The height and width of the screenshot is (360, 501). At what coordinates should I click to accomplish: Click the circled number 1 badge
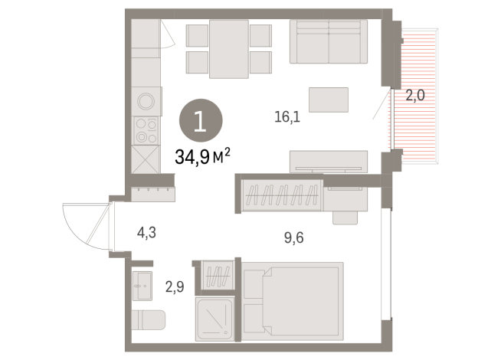coord(201,121)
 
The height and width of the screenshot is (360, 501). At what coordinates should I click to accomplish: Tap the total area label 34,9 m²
coord(202,156)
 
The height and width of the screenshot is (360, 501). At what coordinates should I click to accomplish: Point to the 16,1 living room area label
coord(287,117)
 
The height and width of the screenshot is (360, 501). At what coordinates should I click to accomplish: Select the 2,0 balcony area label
coord(415,96)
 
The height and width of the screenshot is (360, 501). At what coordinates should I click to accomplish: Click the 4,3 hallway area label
coord(146,233)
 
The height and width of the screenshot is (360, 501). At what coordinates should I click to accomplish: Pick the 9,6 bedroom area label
coord(294,238)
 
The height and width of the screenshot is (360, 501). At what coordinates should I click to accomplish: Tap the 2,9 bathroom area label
coord(175,286)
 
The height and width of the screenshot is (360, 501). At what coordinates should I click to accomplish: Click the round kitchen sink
coord(146,101)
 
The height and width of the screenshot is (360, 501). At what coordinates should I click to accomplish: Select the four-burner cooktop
coord(146,131)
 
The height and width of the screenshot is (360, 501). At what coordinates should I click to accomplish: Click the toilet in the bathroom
coord(149,320)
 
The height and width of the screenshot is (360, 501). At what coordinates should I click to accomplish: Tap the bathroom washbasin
coord(142,286)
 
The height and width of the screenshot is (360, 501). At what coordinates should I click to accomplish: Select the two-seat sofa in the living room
coord(329,41)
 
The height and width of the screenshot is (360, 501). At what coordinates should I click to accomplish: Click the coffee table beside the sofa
coord(329,100)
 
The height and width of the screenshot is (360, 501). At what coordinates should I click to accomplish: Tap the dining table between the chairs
coord(229,49)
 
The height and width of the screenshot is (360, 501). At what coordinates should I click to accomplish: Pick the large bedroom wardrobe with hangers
coord(281,195)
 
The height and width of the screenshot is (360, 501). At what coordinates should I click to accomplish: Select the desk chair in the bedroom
coord(345,218)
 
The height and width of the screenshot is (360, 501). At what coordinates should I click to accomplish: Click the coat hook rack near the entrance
coord(153,194)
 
